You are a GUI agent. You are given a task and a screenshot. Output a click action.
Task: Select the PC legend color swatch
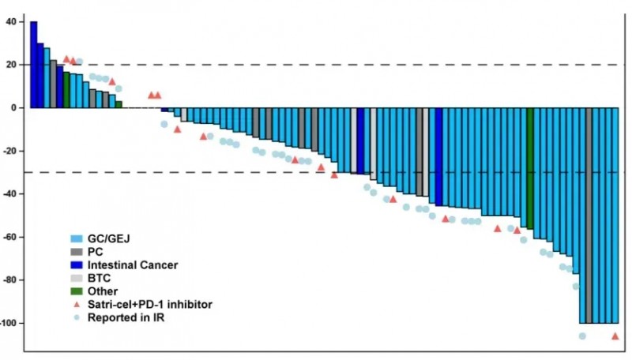pos(77,251)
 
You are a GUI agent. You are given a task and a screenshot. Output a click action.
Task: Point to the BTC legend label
pos(99,278)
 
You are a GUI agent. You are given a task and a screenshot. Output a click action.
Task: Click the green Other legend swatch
pos(77,291)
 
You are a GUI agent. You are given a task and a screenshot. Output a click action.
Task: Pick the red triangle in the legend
pos(77,305)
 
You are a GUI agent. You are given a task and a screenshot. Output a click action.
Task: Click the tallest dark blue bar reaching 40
pos(34,64)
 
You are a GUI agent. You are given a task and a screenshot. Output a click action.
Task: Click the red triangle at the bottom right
pos(615,336)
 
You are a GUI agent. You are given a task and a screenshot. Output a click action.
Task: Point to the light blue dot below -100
pos(582,336)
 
